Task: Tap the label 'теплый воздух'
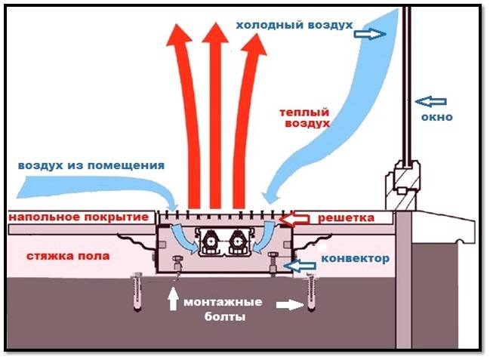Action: click(x=304, y=117)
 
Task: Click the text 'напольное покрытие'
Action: click(x=78, y=217)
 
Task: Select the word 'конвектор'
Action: click(x=355, y=259)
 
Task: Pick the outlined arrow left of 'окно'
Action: click(x=432, y=100)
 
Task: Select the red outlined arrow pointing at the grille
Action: click(x=294, y=220)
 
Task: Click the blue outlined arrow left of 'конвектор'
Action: click(x=304, y=265)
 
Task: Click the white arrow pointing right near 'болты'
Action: click(x=285, y=305)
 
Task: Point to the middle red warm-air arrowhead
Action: click(x=215, y=38)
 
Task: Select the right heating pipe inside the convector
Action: click(x=239, y=243)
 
